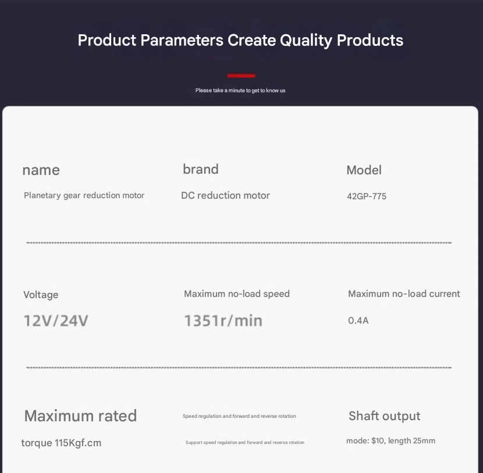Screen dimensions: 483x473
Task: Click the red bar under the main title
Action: coord(241,76)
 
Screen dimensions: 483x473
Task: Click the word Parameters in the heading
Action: coord(182,40)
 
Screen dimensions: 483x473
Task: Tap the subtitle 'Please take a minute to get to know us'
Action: coord(240,91)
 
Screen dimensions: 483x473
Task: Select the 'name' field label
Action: coord(41,170)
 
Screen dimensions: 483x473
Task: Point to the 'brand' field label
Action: coord(201,169)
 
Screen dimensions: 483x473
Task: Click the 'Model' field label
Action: coord(364,170)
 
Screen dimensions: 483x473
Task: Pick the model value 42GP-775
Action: coord(367,196)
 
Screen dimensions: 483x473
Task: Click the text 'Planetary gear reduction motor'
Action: coord(84,196)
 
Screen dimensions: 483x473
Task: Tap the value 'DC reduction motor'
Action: coord(225,196)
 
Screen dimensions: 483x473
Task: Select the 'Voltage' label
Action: coord(41,295)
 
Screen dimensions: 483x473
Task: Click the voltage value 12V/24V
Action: coord(56,320)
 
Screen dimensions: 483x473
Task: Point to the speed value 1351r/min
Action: coord(223,320)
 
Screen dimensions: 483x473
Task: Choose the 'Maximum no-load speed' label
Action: coord(237,293)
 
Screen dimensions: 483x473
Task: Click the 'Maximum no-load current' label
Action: coord(404,293)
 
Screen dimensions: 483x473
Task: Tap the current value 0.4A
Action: coord(358,320)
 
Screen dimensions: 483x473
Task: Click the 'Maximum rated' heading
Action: coord(80,416)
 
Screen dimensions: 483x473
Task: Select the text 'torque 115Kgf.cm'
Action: coord(61,443)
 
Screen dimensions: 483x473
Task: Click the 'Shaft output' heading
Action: coord(385,416)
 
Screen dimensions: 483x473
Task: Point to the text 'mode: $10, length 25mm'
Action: coord(390,440)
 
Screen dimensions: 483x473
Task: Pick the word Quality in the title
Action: coord(306,41)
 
